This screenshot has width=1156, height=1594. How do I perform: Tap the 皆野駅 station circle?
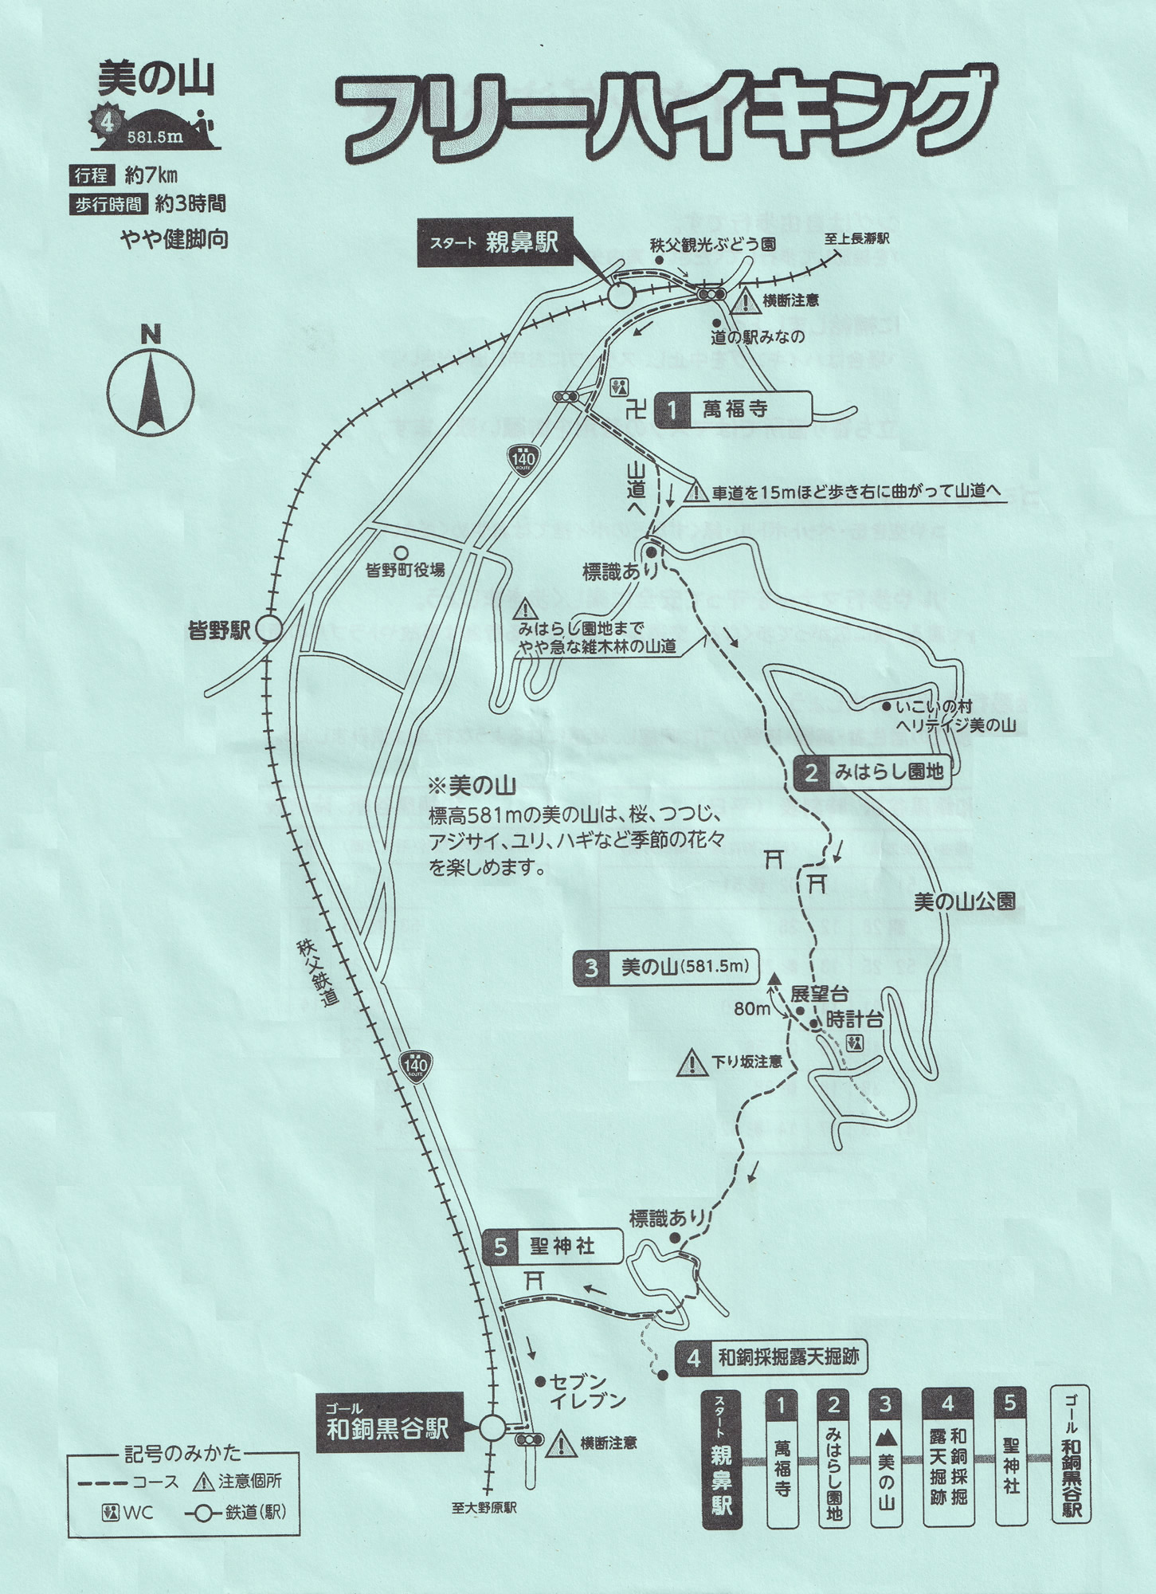tap(269, 630)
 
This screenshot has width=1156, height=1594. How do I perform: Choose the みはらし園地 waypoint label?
tap(873, 771)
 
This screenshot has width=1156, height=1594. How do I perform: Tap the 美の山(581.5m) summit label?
tap(666, 968)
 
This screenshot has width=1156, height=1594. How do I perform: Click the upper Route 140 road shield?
tap(523, 459)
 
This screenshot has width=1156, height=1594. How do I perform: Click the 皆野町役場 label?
tap(405, 570)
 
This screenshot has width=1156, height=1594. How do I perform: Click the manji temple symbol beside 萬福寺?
tap(636, 411)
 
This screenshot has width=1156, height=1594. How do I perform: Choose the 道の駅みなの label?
tap(758, 337)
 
